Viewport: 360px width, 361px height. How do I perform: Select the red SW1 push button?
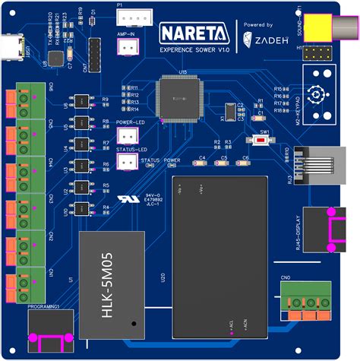coord(265,142)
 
